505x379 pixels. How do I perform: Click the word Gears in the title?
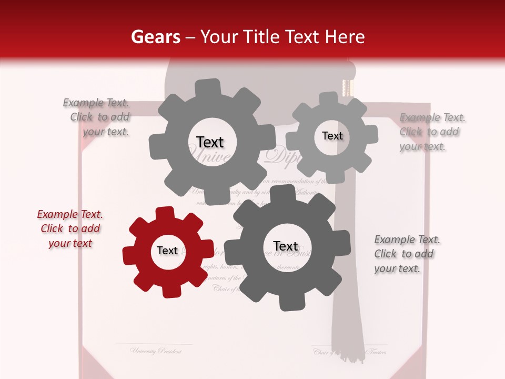coord(155,37)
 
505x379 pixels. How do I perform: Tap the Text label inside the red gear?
coord(167,251)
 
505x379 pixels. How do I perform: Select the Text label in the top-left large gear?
coord(210,142)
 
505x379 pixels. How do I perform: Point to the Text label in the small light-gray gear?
coord(332,136)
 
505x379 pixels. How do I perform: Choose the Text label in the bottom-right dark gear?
coord(286,246)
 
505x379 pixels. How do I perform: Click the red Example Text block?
coord(70,228)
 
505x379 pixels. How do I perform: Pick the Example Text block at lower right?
coord(406,254)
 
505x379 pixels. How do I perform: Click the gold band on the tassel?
coord(348,87)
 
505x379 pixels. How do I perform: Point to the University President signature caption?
coord(156,351)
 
